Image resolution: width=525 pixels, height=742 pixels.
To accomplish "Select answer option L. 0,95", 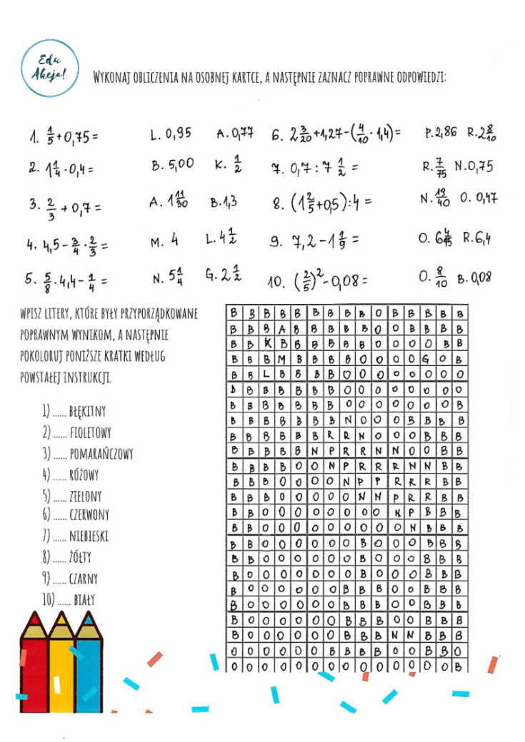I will [171, 133].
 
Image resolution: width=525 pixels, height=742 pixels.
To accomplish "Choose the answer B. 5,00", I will [172, 164].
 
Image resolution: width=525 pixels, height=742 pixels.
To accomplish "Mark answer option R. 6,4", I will [477, 238].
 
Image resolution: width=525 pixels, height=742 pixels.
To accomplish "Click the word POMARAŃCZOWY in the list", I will [101, 453].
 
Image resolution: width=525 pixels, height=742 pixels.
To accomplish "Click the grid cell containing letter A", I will [282, 329].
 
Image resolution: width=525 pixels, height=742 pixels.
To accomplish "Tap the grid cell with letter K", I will [266, 343].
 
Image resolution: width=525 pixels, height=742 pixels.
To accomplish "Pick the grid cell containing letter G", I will [426, 358].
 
